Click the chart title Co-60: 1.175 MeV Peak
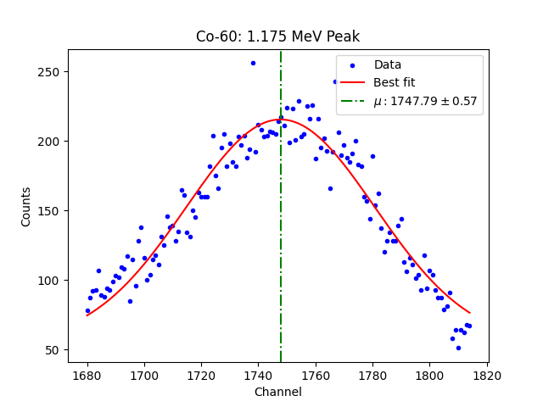click(x=277, y=36)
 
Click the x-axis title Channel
click(x=277, y=393)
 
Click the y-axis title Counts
click(x=26, y=207)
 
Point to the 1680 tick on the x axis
click(x=87, y=374)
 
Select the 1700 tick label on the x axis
click(x=144, y=374)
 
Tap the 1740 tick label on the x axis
click(x=258, y=374)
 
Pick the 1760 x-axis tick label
click(x=315, y=374)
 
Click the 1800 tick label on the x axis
click(x=428, y=374)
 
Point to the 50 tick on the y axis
click(x=53, y=350)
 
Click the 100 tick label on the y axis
click(x=50, y=281)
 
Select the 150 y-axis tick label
click(x=50, y=211)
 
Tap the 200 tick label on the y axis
click(x=50, y=142)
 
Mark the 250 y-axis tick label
click(x=50, y=72)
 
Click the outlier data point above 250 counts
click(x=253, y=63)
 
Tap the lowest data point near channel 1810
click(x=458, y=348)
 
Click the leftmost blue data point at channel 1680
click(x=87, y=310)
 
